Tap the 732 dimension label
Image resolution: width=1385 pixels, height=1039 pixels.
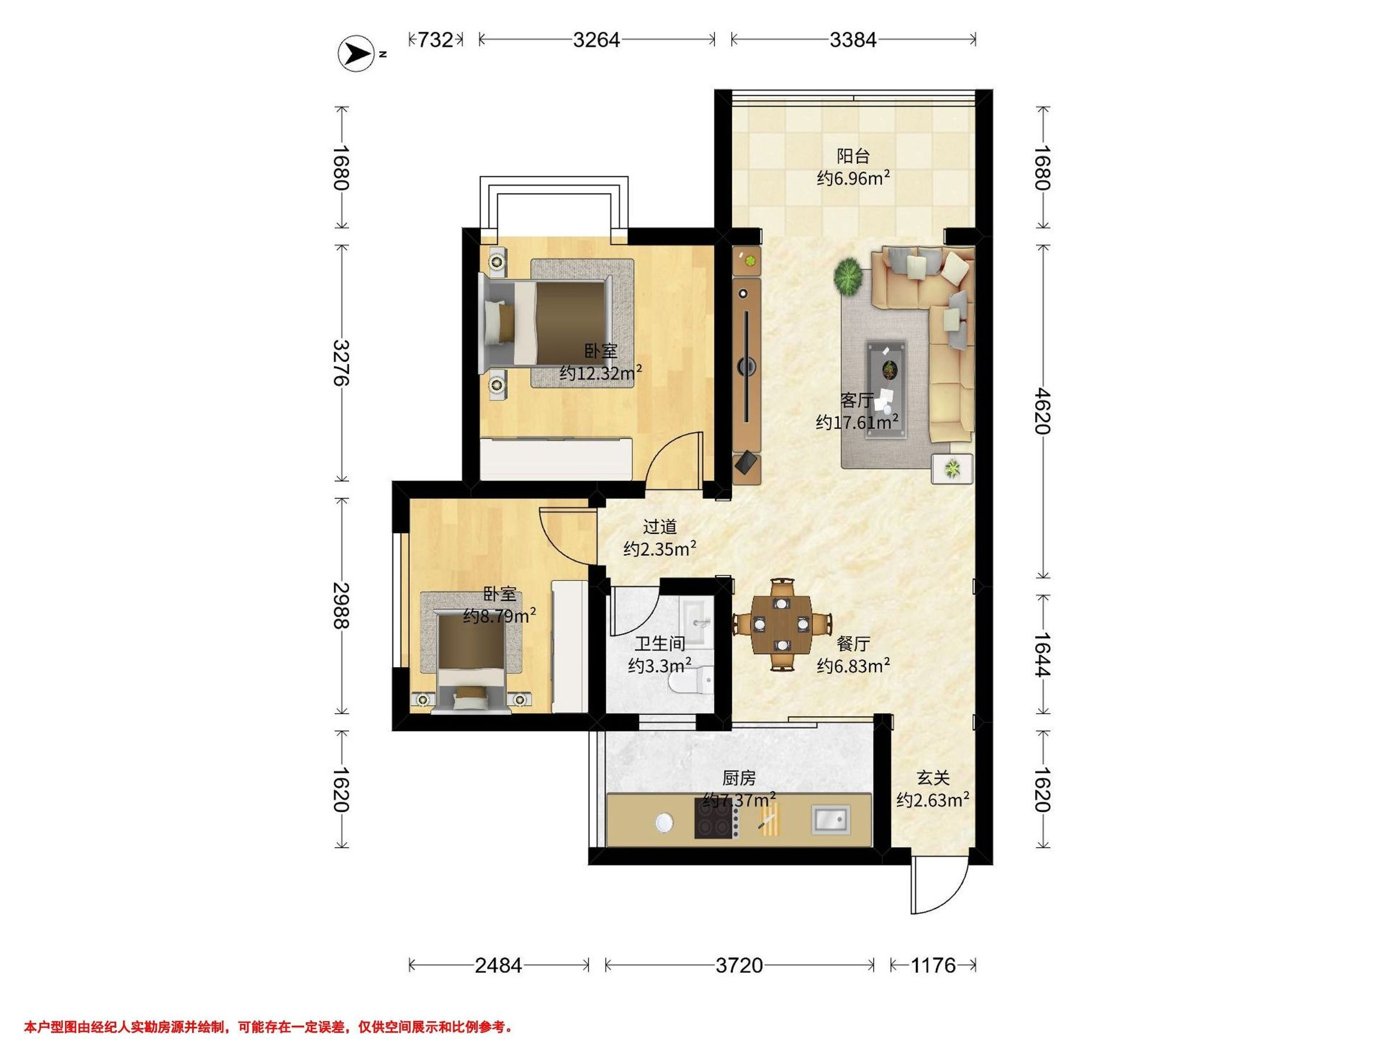coord(435,40)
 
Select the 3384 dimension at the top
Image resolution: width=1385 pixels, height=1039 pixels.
coord(853,40)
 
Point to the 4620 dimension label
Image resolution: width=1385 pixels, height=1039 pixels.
coord(1042,411)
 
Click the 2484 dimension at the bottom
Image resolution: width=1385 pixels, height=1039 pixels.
coord(499,965)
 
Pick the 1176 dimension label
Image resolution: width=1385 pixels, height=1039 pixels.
coord(933,965)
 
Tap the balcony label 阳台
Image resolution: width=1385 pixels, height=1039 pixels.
coord(854,155)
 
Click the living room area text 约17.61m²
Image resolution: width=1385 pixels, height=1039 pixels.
coord(856,422)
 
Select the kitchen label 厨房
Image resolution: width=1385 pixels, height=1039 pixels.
coord(739,779)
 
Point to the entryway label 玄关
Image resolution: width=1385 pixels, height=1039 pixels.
coord(933,779)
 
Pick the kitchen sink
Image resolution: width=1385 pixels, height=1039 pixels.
coord(831,820)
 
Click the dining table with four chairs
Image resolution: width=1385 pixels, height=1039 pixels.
coord(781,624)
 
